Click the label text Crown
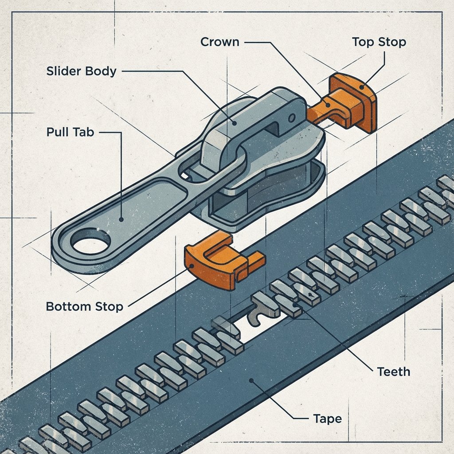(219, 42)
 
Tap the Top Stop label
(379, 42)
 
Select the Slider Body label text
(81, 71)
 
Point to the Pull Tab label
(70, 132)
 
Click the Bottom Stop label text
(84, 306)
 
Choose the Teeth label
(393, 371)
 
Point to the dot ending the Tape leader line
(251, 380)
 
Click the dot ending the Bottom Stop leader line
(192, 266)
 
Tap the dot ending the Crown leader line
(327, 105)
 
